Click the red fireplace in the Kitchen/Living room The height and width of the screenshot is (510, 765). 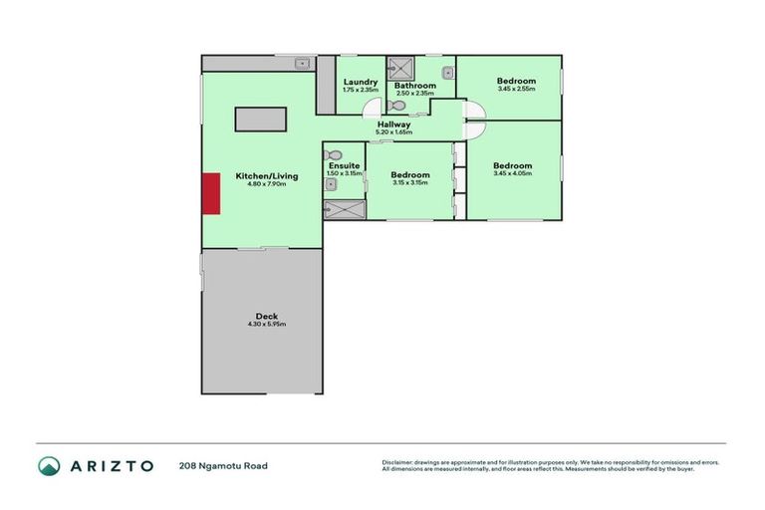pyautogui.click(x=211, y=193)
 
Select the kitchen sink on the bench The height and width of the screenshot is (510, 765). pyautogui.click(x=299, y=64)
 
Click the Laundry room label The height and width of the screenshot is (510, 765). pyautogui.click(x=360, y=82)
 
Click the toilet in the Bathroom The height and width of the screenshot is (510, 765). pyautogui.click(x=396, y=105)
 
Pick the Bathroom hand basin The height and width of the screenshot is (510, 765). pyautogui.click(x=448, y=72)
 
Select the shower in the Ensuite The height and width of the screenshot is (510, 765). pyautogui.click(x=342, y=208)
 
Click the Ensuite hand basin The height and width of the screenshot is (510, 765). pyautogui.click(x=331, y=183)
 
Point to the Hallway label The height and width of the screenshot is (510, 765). pyautogui.click(x=393, y=125)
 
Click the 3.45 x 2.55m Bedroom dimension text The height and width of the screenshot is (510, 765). pyautogui.click(x=516, y=89)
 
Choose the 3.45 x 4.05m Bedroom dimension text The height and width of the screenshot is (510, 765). pyautogui.click(x=512, y=173)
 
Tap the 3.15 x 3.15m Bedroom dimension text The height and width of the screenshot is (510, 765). pyautogui.click(x=409, y=182)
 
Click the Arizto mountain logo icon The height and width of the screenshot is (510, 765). pyautogui.click(x=49, y=465)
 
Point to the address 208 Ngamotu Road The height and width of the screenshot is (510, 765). pyautogui.click(x=223, y=465)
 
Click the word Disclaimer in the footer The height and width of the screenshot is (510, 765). pyautogui.click(x=398, y=462)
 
